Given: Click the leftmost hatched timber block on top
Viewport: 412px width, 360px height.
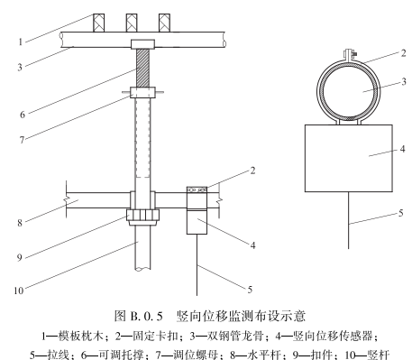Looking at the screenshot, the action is (99, 23).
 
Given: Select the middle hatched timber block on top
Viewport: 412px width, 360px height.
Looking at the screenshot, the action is (132, 23).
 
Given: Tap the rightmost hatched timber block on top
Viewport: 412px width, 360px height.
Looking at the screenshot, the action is (164, 23).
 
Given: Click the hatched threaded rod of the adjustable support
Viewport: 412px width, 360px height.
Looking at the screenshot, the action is (143, 68).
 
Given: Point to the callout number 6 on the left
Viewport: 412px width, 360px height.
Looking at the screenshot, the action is (23, 115).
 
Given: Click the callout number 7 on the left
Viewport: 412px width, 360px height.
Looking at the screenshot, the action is (22, 140).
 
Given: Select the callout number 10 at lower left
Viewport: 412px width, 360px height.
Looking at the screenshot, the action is (19, 291).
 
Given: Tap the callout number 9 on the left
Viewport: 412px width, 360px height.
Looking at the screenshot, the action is (20, 258).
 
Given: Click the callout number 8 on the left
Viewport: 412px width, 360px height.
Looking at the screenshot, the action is (20, 223).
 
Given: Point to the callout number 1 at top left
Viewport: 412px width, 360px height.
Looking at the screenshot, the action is (21, 42).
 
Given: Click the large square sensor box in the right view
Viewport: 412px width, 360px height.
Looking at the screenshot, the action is (349, 158).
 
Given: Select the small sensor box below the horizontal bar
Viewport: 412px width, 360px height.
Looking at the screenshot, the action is (197, 222).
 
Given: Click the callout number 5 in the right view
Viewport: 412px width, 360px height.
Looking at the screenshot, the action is (401, 213).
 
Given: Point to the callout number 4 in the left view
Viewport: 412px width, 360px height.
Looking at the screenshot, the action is (253, 245).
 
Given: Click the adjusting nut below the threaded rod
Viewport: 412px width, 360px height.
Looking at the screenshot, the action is (143, 92).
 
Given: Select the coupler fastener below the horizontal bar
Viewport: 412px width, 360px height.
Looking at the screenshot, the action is (143, 217).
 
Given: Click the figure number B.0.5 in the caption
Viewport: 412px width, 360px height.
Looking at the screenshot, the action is (147, 317).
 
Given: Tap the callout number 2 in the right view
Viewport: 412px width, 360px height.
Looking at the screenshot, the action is (403, 53).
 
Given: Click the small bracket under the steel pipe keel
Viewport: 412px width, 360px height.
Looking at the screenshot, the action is (143, 44).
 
